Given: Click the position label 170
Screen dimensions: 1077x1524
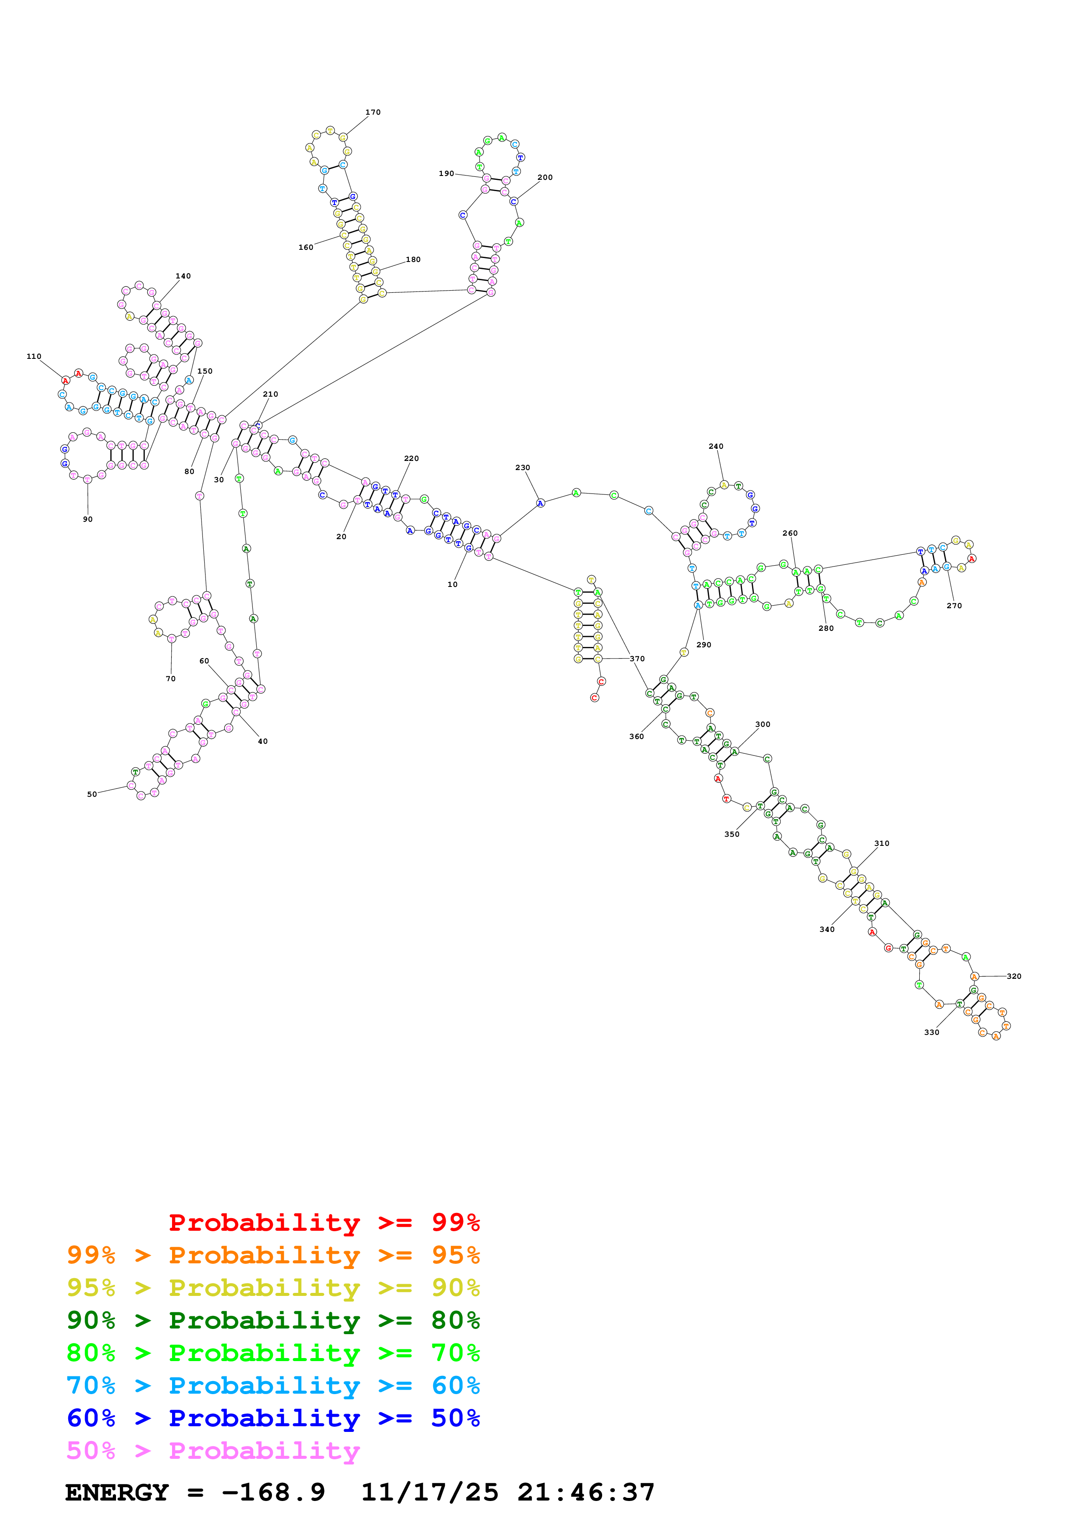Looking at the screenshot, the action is click(373, 112).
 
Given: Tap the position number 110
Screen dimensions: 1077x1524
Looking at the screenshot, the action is click(34, 356).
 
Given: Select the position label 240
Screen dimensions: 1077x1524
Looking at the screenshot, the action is click(716, 446).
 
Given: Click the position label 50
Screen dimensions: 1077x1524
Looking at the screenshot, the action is click(92, 794).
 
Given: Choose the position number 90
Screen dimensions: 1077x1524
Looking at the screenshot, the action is click(88, 519).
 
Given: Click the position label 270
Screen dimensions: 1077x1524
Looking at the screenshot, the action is click(954, 605).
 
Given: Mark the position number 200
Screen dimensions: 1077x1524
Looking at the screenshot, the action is click(545, 177).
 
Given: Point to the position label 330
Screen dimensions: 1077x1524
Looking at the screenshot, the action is click(931, 1032).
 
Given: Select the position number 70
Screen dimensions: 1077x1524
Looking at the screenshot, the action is click(171, 678).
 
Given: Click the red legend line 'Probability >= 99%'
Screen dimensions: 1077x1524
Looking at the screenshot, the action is click(324, 1222).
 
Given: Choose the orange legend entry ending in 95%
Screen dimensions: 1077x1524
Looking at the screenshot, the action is click(273, 1255).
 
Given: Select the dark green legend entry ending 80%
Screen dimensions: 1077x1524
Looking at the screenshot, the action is click(273, 1320).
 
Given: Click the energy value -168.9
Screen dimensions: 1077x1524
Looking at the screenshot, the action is click(273, 1492).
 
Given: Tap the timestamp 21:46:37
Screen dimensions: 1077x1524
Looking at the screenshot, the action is click(586, 1492).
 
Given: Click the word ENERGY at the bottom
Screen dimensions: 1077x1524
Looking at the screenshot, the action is click(117, 1492).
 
